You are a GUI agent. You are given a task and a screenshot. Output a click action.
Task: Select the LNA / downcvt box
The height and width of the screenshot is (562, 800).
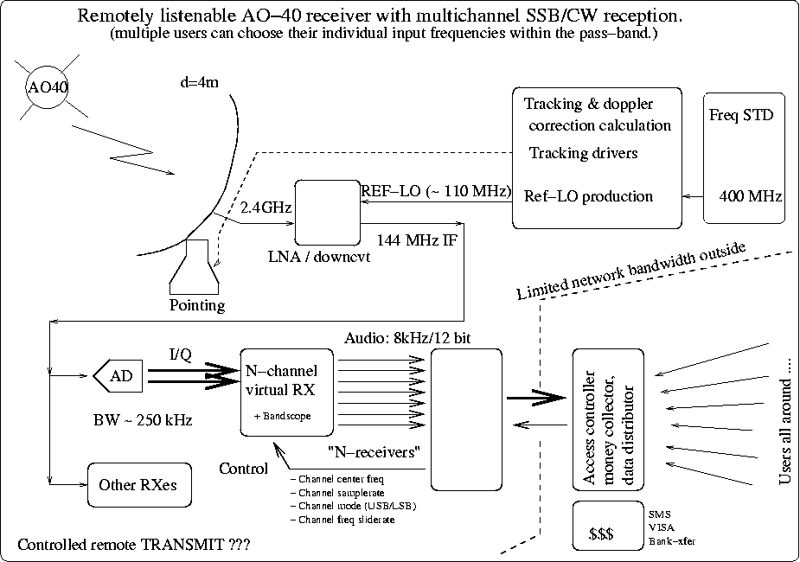(327, 213)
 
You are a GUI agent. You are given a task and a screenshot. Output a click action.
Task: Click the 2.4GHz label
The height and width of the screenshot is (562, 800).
(265, 208)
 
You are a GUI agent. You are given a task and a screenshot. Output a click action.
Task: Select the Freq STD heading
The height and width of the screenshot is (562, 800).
(741, 115)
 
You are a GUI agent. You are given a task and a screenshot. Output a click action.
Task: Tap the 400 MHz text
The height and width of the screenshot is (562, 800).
(749, 196)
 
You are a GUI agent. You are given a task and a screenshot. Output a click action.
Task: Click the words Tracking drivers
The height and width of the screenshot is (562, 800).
(583, 153)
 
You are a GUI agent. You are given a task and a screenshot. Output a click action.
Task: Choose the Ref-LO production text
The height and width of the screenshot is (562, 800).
(588, 196)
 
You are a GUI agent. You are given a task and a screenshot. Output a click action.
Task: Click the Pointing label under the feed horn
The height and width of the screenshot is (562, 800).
(196, 305)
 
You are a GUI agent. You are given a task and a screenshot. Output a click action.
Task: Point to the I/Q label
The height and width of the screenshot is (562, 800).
(181, 354)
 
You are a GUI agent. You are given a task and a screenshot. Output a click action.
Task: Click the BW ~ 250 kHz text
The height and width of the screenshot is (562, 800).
(142, 420)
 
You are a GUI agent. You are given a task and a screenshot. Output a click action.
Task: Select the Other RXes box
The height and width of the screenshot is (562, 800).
(138, 484)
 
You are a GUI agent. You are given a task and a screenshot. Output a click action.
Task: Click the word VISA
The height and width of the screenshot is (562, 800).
(659, 526)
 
